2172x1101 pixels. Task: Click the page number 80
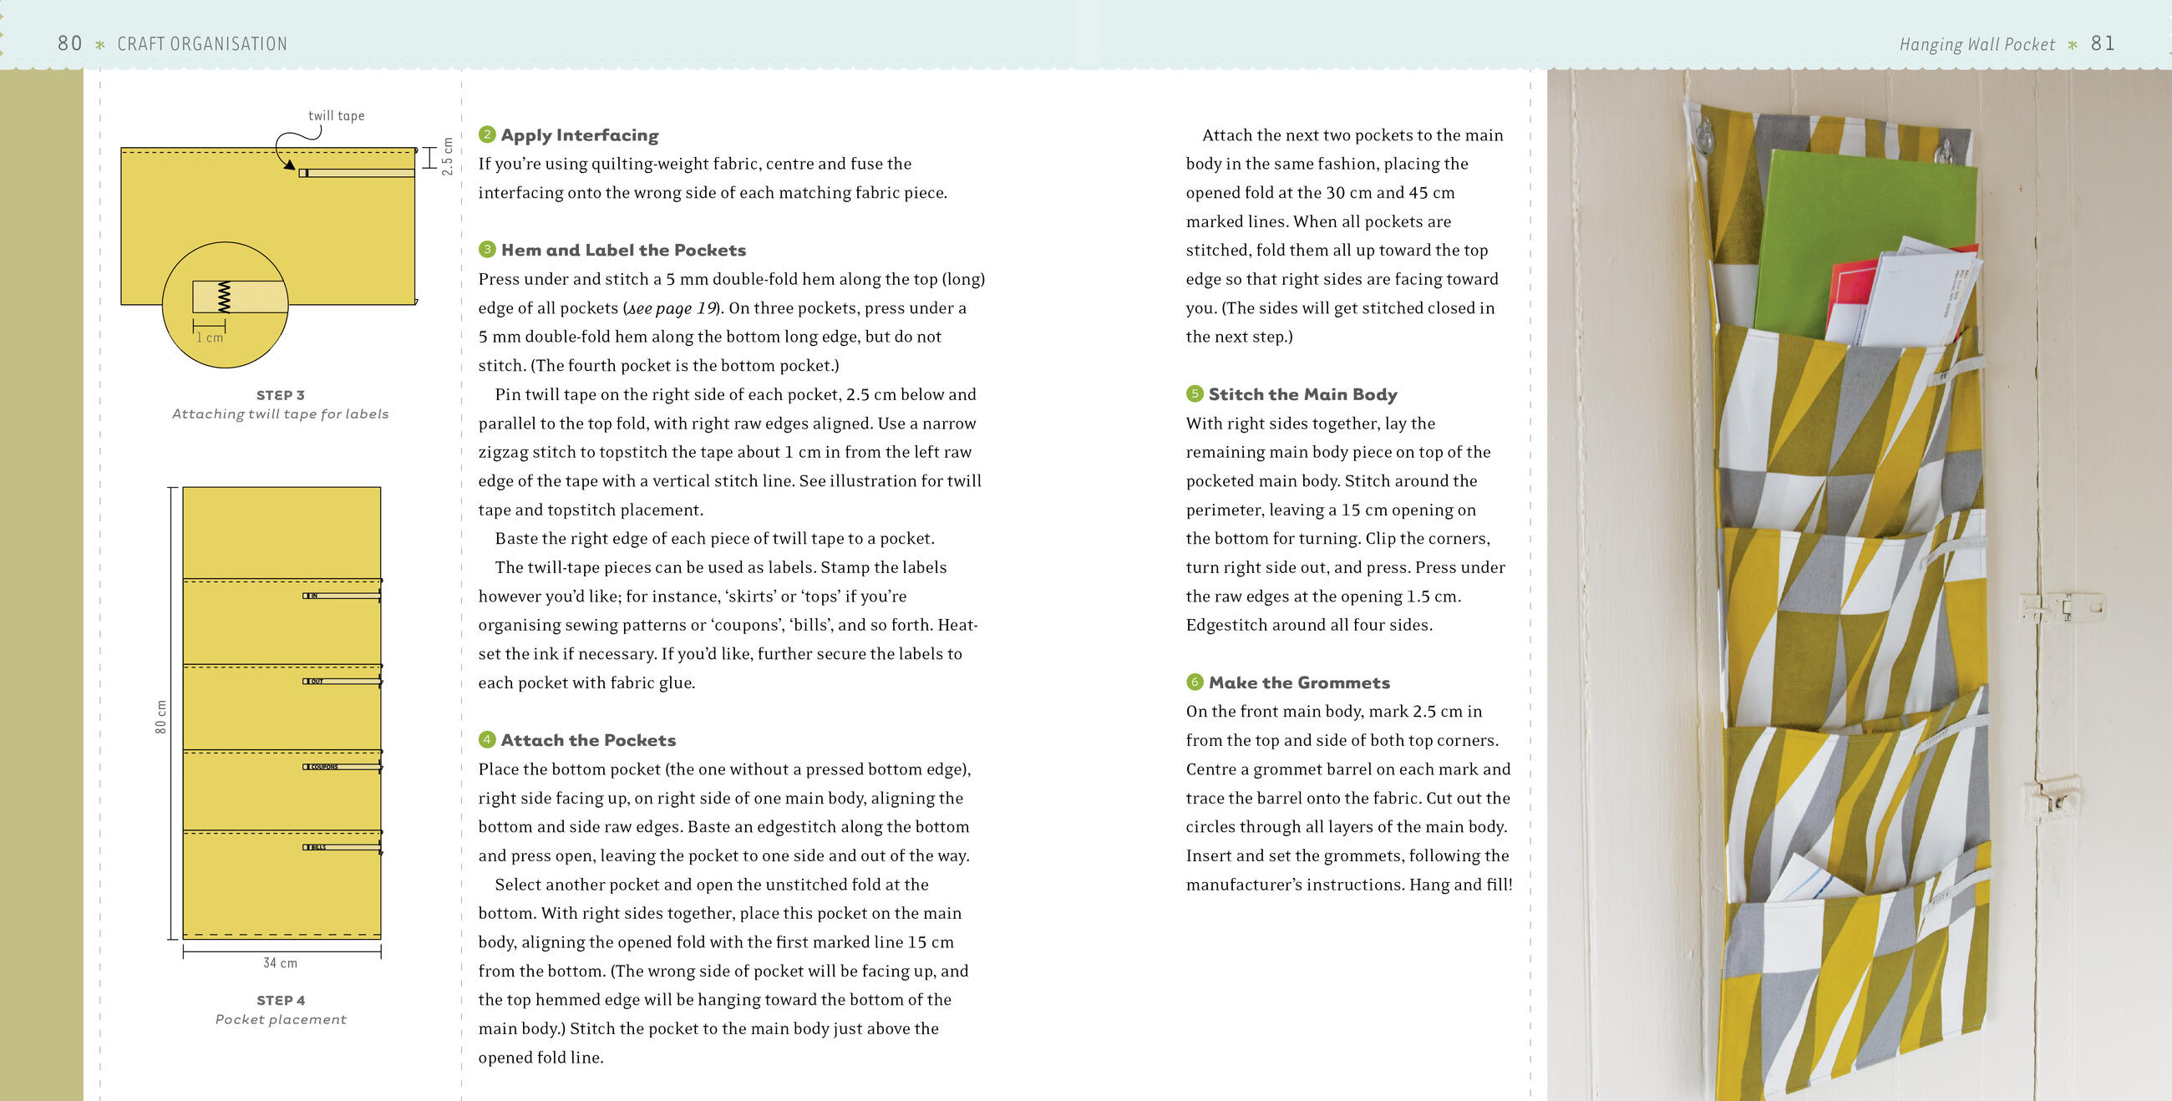coord(70,43)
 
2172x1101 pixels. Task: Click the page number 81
coord(2103,43)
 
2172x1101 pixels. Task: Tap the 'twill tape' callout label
coord(337,115)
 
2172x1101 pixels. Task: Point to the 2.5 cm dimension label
coord(448,157)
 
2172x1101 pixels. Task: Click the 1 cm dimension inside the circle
coord(210,337)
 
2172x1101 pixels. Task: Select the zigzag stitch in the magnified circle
coord(223,297)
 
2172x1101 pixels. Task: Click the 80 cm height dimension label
coord(161,717)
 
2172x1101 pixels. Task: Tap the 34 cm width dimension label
coord(281,962)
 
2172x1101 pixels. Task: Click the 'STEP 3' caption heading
coord(281,394)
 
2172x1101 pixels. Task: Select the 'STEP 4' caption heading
coord(281,1000)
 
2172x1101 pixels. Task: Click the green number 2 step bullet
coord(486,134)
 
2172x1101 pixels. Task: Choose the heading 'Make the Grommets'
coord(1299,682)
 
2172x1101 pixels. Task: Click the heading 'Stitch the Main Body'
coord(1302,394)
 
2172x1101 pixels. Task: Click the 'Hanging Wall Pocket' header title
coord(1977,43)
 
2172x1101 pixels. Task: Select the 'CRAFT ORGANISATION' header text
coord(202,43)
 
